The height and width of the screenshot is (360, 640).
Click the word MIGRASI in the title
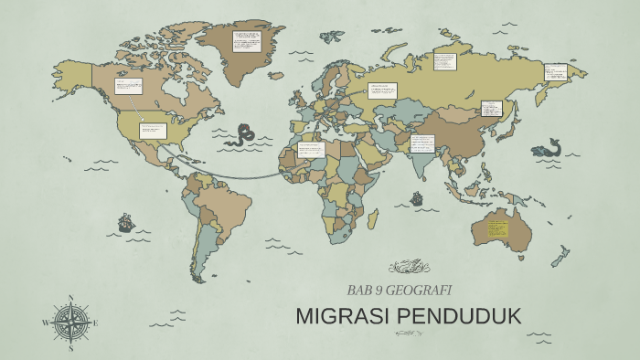point(340,317)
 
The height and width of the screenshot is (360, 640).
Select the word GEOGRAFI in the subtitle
point(422,291)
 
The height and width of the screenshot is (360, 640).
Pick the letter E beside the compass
point(95,323)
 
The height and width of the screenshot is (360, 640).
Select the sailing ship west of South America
point(125,222)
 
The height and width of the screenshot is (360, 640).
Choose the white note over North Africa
point(311,149)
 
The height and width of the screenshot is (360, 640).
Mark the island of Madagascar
point(373,218)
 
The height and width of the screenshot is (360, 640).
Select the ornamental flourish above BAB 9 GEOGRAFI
point(409,267)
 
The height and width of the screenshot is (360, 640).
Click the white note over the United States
point(151,131)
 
